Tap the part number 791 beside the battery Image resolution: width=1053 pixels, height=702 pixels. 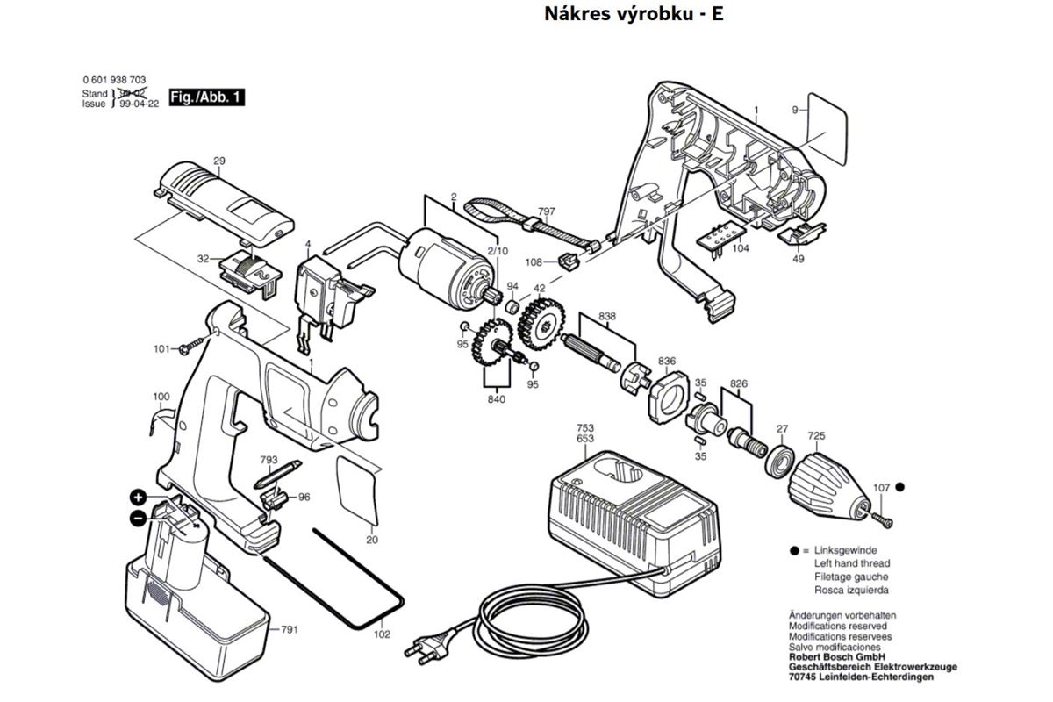(x=290, y=630)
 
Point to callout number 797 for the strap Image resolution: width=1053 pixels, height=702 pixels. (x=546, y=212)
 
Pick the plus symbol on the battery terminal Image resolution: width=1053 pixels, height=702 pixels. (x=139, y=498)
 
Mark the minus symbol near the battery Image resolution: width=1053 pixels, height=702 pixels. (x=139, y=519)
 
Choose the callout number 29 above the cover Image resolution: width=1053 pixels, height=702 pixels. (x=219, y=161)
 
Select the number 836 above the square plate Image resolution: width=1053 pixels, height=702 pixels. (x=667, y=361)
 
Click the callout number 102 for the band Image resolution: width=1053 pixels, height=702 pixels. (x=382, y=634)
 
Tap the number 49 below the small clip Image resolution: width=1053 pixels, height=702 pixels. (x=798, y=260)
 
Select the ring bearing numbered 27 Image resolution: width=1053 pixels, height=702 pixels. (x=780, y=459)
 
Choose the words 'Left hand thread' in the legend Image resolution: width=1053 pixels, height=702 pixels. (x=851, y=563)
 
